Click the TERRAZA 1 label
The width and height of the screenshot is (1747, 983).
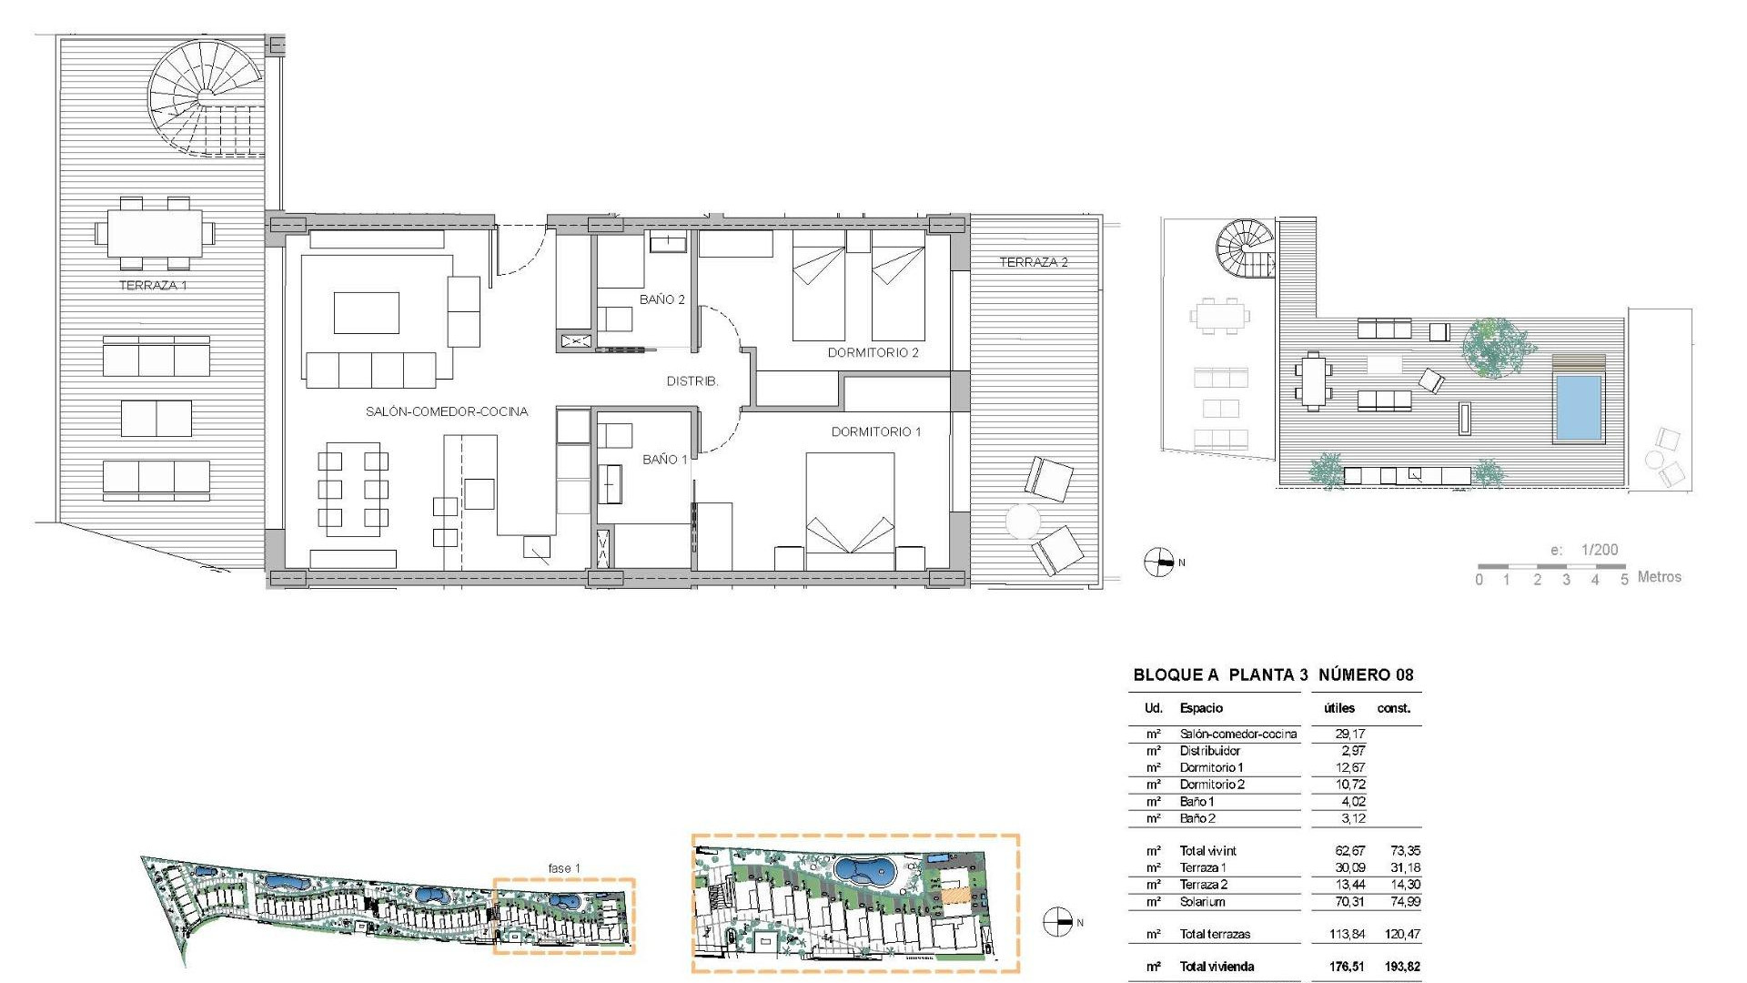pyautogui.click(x=153, y=286)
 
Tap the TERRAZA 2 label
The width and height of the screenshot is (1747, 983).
pyautogui.click(x=1034, y=262)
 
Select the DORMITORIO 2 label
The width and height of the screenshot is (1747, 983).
pyautogui.click(x=873, y=352)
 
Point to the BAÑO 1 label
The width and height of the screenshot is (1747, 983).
pyautogui.click(x=664, y=460)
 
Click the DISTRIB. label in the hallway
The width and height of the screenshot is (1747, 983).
pyautogui.click(x=692, y=381)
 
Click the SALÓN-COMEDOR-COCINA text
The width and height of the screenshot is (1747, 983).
pyautogui.click(x=447, y=411)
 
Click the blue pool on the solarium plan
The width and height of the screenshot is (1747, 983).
pyautogui.click(x=1578, y=407)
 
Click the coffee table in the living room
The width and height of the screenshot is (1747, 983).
pyautogui.click(x=366, y=312)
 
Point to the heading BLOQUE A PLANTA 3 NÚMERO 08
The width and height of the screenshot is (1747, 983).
pyautogui.click(x=1273, y=674)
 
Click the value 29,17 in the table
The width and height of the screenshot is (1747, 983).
pyautogui.click(x=1349, y=734)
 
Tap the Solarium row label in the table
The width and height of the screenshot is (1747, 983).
pyautogui.click(x=1202, y=902)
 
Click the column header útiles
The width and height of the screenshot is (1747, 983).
pyautogui.click(x=1339, y=708)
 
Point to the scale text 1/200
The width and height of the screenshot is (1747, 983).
pyautogui.click(x=1599, y=550)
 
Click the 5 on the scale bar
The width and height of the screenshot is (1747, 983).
pyautogui.click(x=1623, y=580)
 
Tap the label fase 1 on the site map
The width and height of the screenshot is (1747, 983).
pyautogui.click(x=564, y=868)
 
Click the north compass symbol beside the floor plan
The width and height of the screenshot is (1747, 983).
pyautogui.click(x=1158, y=562)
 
